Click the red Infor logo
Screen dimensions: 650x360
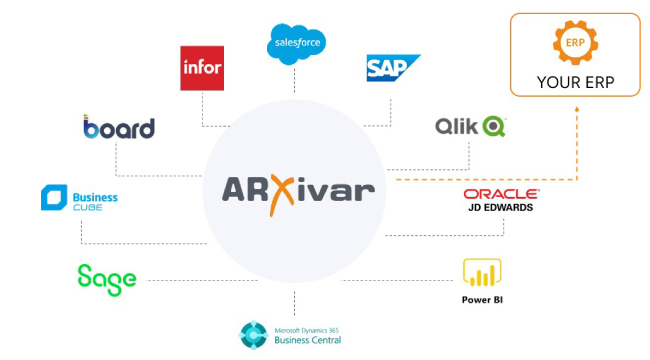click(202, 68)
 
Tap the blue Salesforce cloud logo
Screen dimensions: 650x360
click(296, 44)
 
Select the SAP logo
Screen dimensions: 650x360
click(393, 68)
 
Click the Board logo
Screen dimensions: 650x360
click(119, 127)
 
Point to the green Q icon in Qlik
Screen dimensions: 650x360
click(494, 126)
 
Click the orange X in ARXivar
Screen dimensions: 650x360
click(281, 195)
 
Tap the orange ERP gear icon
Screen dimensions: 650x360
click(575, 43)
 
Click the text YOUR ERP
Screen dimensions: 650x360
click(575, 83)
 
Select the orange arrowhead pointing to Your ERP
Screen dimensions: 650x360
click(577, 109)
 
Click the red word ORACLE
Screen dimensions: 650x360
click(501, 194)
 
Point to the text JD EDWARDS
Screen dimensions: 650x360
click(501, 207)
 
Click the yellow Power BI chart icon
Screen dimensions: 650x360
click(482, 272)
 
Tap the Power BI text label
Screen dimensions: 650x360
click(482, 300)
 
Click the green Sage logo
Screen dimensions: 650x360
click(107, 280)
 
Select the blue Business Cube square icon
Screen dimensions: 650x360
click(54, 197)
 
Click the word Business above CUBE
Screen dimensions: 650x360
click(95, 197)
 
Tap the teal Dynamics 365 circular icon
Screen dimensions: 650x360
click(253, 335)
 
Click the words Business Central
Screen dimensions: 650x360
click(308, 340)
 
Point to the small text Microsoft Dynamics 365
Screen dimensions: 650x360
click(306, 331)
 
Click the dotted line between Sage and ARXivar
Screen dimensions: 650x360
click(202, 280)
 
